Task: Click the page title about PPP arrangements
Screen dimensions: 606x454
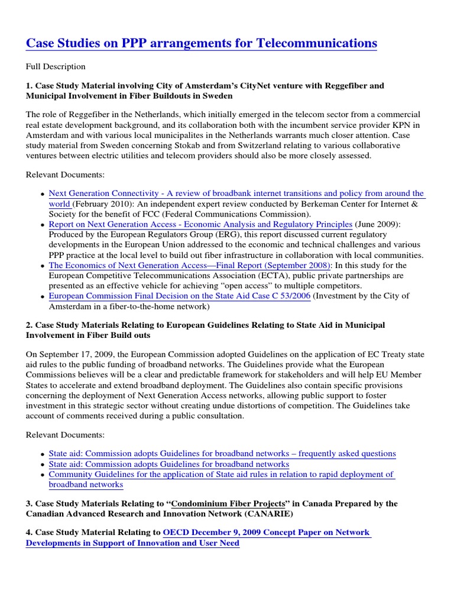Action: coord(202,43)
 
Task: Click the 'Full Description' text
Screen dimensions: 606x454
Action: coord(56,67)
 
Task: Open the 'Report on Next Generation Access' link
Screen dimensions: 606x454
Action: coord(200,224)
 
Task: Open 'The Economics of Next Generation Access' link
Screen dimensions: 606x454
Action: coord(190,265)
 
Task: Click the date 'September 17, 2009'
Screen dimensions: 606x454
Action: coord(73,354)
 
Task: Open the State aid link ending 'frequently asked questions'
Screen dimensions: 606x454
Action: coord(222,453)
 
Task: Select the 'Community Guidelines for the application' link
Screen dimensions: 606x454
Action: coord(221,474)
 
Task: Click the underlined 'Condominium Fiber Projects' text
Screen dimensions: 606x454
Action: coord(228,504)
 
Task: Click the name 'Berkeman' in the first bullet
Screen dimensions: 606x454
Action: coord(323,204)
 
